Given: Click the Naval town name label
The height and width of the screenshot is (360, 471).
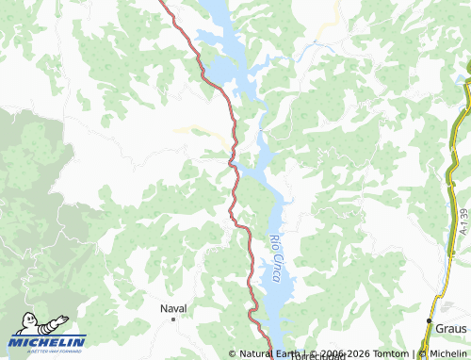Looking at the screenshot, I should pos(173,308).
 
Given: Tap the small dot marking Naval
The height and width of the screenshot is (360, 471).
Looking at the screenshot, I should pos(173,319).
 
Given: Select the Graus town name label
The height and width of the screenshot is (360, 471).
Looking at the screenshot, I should pos(451,327).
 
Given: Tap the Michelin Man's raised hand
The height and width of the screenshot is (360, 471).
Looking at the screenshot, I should pos(63,319).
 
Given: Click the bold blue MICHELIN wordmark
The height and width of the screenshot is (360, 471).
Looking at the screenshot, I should pos(47,342).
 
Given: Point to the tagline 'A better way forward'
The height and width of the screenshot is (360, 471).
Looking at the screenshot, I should pos(47,352).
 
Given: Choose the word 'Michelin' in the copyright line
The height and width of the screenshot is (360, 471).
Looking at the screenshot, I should pos(447,354).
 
